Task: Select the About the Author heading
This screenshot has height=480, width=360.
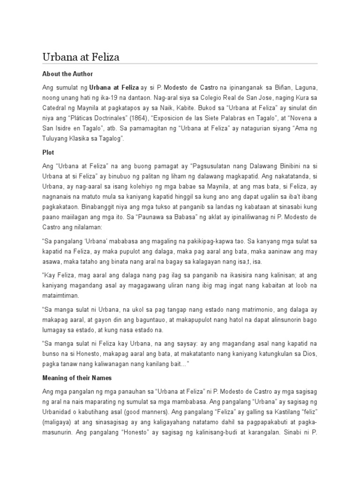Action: (x=67, y=74)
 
